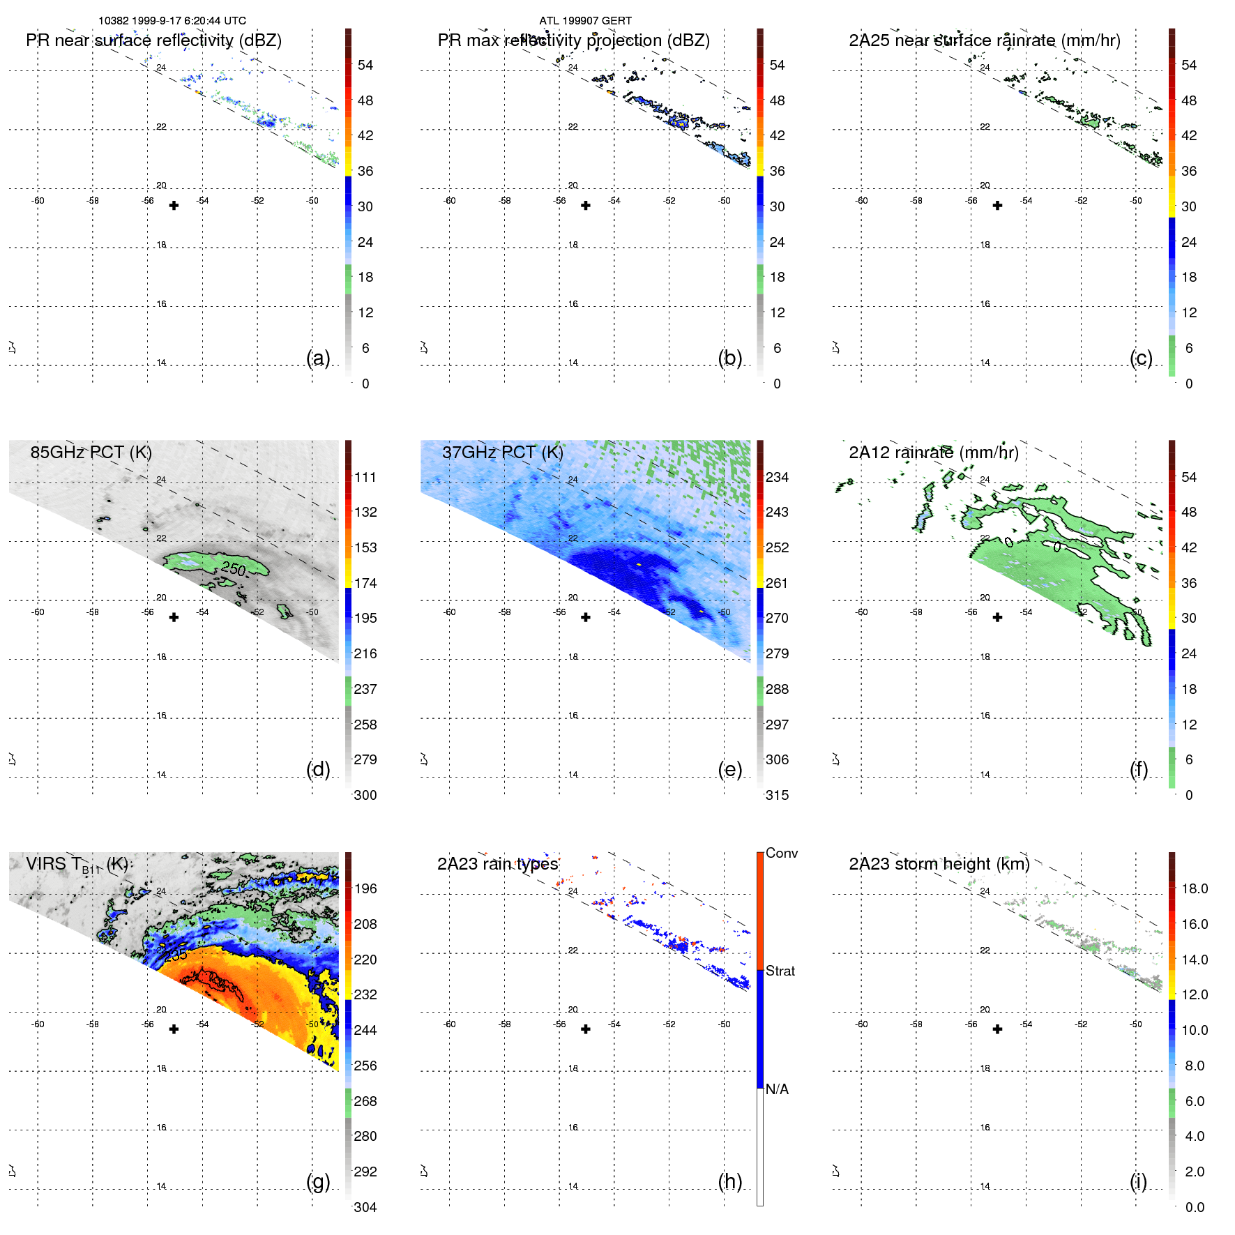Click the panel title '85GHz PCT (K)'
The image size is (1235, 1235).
click(x=91, y=452)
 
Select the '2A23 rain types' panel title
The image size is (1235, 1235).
click(x=497, y=864)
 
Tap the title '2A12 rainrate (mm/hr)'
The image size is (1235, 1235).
click(x=933, y=452)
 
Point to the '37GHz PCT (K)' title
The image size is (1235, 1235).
click(x=502, y=452)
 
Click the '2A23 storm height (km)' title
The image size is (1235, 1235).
click(x=939, y=864)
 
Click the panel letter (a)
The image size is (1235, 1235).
click(x=318, y=358)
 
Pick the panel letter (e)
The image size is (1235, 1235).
click(x=729, y=769)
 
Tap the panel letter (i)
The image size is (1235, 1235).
click(x=1138, y=1181)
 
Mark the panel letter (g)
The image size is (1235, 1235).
click(x=318, y=1181)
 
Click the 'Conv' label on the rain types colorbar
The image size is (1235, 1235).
click(x=781, y=853)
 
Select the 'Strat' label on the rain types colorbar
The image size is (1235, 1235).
click(x=780, y=971)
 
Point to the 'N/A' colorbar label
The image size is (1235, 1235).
click(x=777, y=1089)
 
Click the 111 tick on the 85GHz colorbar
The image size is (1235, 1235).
click(x=365, y=477)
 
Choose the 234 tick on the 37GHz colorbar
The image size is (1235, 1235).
click(x=777, y=477)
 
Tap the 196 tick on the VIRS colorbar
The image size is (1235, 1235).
click(x=365, y=888)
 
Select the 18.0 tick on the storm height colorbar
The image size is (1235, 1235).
click(x=1194, y=888)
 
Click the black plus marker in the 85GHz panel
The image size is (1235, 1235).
click(x=174, y=617)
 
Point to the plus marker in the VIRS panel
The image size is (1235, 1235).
click(x=174, y=1029)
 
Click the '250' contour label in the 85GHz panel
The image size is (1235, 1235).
click(x=234, y=569)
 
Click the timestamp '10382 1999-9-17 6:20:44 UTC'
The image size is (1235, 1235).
click(x=172, y=21)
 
